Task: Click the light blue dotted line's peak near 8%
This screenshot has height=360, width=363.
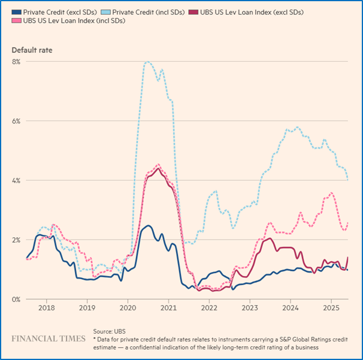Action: [x=147, y=62]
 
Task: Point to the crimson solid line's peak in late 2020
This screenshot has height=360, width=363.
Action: [x=158, y=168]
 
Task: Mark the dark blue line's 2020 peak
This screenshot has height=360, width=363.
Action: [x=148, y=226]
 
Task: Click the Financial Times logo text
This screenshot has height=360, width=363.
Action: [x=49, y=338]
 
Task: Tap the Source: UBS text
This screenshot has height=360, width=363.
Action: [x=110, y=331]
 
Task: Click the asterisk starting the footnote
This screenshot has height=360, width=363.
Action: [x=95, y=339]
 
